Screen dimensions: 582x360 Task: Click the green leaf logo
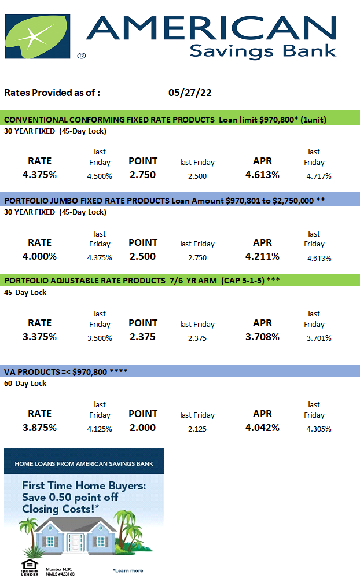36,36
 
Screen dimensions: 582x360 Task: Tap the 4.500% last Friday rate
100,176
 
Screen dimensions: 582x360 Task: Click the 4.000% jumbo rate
40,256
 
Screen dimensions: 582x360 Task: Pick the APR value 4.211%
262,256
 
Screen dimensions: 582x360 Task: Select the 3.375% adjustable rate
40,337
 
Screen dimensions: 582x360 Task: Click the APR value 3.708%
262,337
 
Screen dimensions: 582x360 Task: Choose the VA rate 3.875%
40,428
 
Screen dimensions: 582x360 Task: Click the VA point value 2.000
142,428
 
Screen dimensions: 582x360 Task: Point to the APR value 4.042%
262,428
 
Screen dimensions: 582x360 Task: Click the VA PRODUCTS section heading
66,372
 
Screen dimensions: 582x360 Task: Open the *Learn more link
128,570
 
